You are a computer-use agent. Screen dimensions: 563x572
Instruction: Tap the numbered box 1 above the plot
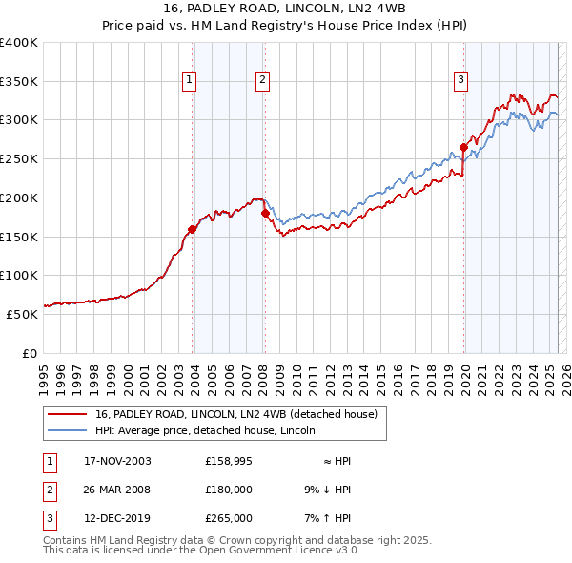(x=190, y=81)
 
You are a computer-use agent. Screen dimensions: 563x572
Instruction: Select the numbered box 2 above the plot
(x=261, y=81)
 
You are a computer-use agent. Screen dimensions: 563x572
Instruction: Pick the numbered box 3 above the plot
(x=460, y=81)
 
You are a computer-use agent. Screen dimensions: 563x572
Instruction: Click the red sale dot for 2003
(x=193, y=229)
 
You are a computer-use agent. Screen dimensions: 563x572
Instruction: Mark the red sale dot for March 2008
(x=265, y=213)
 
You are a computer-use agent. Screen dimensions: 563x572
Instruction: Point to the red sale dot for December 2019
(x=463, y=147)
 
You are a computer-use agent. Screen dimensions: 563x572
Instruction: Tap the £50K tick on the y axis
(x=23, y=314)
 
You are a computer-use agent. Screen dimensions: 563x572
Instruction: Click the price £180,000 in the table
(x=229, y=490)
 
